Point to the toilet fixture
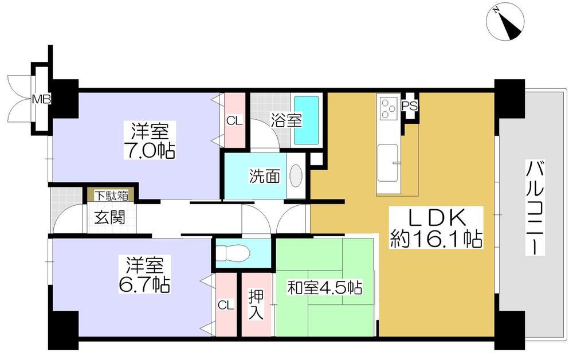click(x=234, y=252)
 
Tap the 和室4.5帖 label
click(x=325, y=288)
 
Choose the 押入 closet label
click(x=257, y=306)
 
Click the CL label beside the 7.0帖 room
click(x=234, y=121)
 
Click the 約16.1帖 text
click(x=435, y=239)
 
